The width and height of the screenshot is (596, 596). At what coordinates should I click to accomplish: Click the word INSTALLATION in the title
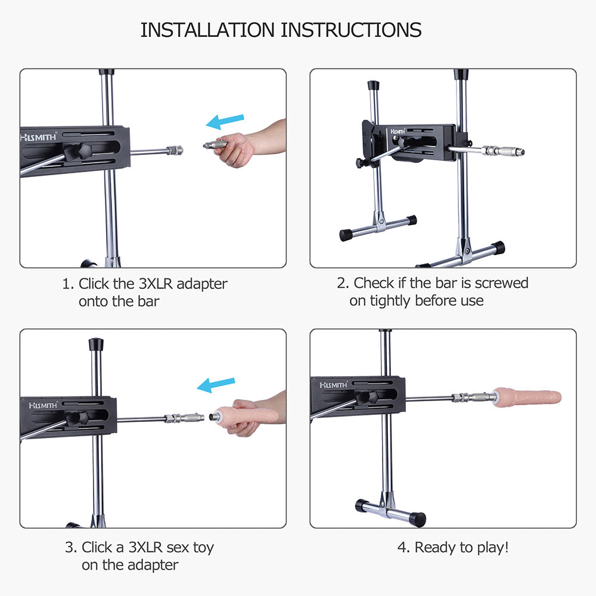(207, 30)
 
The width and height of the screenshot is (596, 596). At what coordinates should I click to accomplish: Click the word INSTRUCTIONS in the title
(351, 30)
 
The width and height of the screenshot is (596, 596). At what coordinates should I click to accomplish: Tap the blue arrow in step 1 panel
(225, 121)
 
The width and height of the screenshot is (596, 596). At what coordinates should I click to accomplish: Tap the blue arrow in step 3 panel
(216, 385)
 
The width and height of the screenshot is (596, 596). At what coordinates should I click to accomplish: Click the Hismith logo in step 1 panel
(38, 137)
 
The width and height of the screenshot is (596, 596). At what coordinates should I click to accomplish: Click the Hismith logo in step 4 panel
(333, 385)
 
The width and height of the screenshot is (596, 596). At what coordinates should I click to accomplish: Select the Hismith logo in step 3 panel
(44, 405)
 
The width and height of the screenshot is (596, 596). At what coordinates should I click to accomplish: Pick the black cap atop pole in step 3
(96, 344)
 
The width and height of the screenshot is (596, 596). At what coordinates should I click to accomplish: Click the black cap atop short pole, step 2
(373, 85)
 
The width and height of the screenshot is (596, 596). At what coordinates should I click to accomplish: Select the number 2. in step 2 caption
(343, 283)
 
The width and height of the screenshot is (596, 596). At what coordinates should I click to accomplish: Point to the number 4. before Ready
(403, 548)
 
